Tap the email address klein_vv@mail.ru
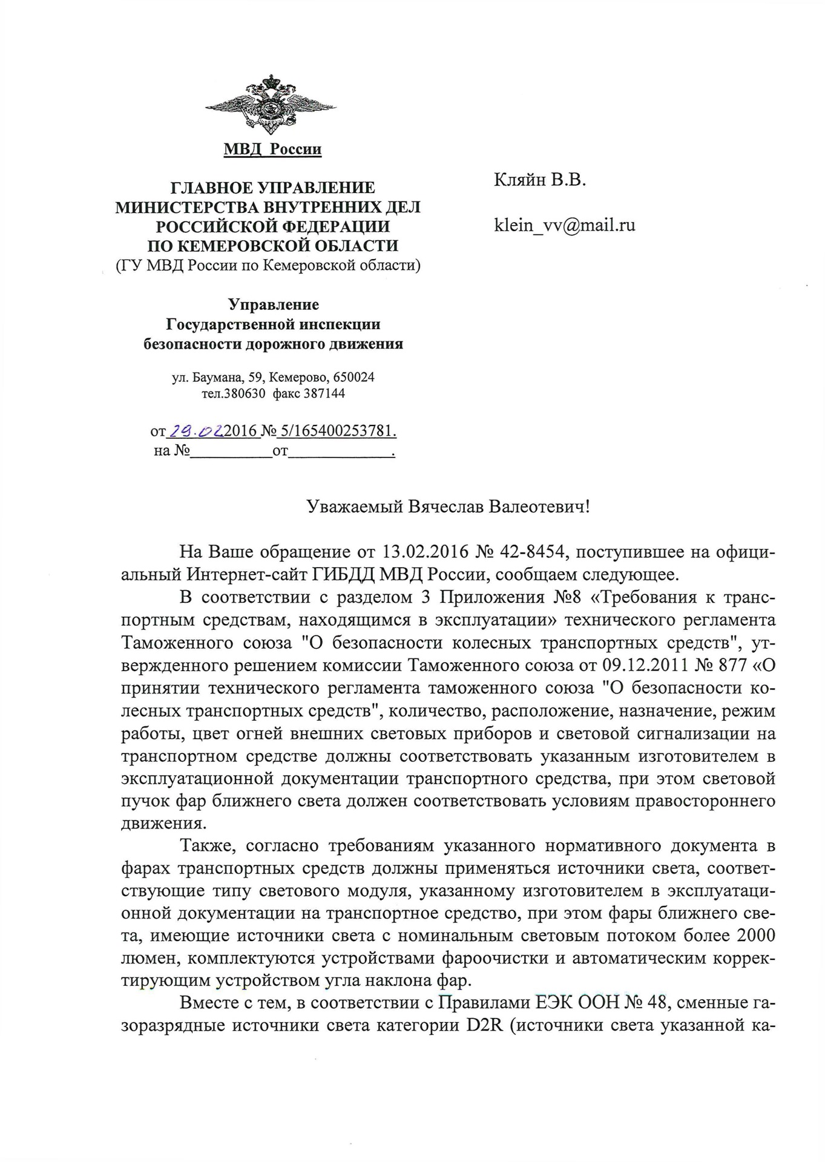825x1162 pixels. (x=565, y=226)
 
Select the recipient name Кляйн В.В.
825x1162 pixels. (x=540, y=180)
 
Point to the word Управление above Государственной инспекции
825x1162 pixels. (x=273, y=304)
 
